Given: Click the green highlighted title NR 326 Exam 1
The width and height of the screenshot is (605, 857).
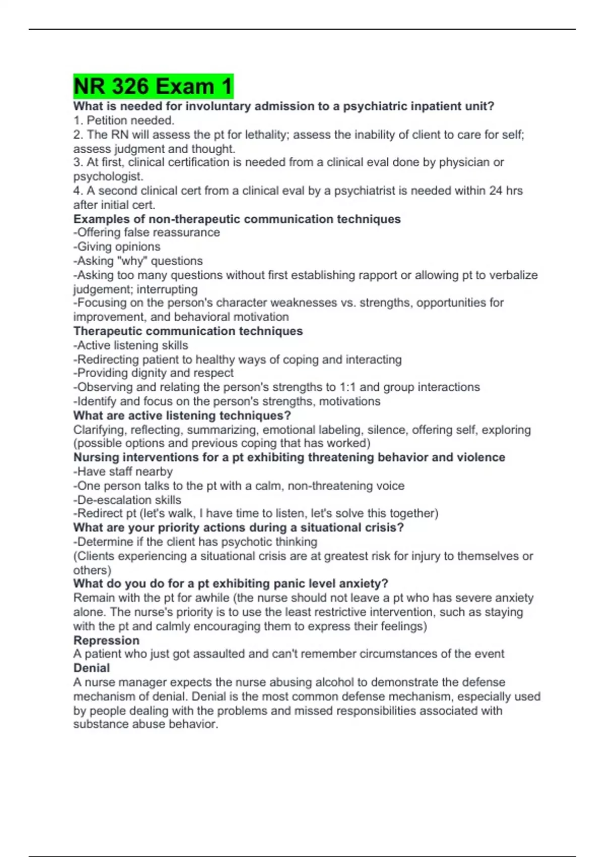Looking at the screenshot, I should [x=153, y=86].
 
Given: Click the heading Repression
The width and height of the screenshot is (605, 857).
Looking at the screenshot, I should [x=106, y=640].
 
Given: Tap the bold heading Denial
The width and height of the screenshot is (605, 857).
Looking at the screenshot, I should [x=91, y=668].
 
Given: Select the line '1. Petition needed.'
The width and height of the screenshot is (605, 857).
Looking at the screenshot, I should [x=124, y=120].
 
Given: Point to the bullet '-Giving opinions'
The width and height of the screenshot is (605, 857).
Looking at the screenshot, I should [x=117, y=247].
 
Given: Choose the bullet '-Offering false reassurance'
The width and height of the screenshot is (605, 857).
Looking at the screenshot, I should [x=147, y=232].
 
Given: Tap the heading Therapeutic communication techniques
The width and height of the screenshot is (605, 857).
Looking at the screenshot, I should [x=188, y=331].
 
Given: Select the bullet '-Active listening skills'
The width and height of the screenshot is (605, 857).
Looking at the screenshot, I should [x=131, y=345].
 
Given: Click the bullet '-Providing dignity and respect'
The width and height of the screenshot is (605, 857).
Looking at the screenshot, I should [x=153, y=373].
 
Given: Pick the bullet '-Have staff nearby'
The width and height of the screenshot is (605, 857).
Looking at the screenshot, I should [x=123, y=472].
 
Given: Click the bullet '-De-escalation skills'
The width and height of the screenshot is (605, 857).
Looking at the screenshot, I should [x=127, y=500].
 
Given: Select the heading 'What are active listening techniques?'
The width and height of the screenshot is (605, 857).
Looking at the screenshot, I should [x=182, y=416].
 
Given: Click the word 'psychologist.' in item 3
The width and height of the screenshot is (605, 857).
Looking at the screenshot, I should [x=108, y=177].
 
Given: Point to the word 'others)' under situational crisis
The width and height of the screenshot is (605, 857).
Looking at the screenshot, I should [x=92, y=570].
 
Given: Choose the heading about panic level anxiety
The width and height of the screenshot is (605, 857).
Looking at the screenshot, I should [x=230, y=584].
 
